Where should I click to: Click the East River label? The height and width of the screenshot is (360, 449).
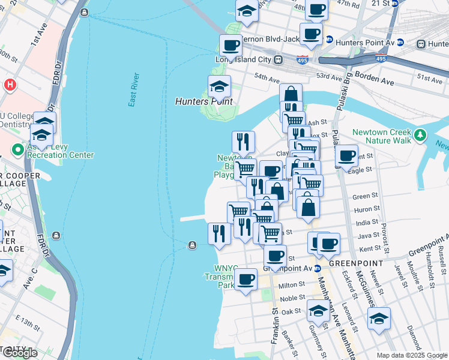pos(134,90)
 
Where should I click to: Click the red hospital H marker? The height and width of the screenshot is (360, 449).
pos(9,85)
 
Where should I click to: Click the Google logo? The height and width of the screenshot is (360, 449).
pos(20,353)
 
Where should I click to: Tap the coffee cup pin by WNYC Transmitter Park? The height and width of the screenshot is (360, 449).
pos(245,280)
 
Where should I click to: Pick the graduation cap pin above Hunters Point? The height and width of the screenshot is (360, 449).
pos(219,87)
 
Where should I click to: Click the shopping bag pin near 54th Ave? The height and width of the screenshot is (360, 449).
pos(291,95)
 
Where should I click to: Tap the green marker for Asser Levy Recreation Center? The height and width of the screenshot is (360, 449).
pos(18,148)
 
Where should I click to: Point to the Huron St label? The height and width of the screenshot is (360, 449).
pos(363,209)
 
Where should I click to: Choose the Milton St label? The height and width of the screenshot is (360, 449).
pos(293,286)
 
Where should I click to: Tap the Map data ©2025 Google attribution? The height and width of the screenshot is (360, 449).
pos(411,355)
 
